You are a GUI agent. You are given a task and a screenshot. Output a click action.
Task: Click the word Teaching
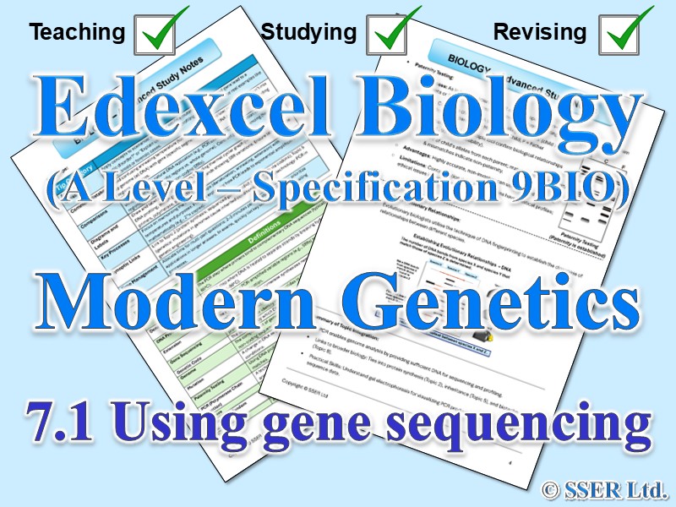click(76, 33)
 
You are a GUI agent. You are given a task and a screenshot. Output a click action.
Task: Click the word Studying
click(308, 33)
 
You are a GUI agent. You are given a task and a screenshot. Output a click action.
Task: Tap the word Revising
click(539, 33)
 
